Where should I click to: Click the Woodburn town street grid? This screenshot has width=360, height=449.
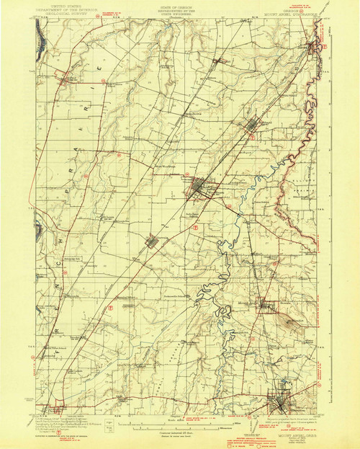coord(197,189)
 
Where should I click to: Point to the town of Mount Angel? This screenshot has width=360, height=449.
coord(266,305)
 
